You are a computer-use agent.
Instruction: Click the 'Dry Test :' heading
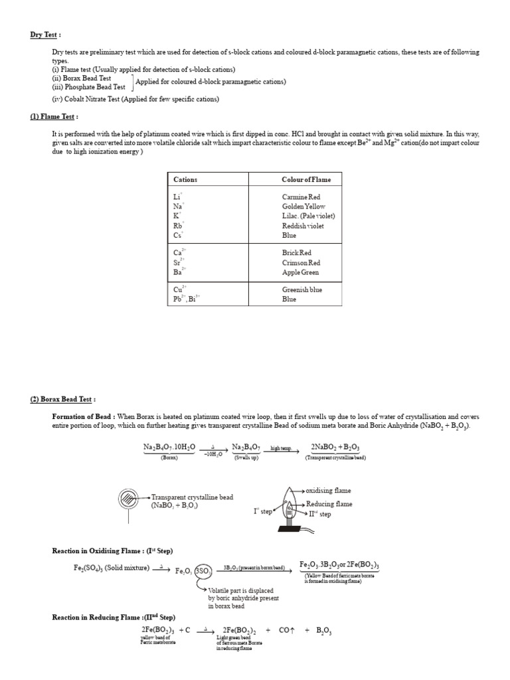click(45, 35)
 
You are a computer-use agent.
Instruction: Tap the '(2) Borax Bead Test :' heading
click(63, 399)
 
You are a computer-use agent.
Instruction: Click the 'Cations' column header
click(185, 179)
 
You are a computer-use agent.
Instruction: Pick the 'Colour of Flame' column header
click(306, 179)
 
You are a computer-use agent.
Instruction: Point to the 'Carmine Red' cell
click(301, 197)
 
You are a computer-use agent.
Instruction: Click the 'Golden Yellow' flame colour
click(303, 207)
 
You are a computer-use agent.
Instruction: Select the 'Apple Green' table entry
click(300, 272)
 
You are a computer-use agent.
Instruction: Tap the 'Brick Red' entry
click(297, 253)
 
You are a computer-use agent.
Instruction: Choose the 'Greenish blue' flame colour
click(303, 290)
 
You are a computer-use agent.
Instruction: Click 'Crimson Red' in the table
click(301, 263)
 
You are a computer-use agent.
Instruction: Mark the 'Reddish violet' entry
click(303, 226)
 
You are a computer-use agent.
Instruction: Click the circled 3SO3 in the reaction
click(203, 570)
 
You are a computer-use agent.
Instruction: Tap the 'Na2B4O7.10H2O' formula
click(169, 448)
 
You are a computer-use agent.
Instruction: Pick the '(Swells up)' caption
click(246, 458)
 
